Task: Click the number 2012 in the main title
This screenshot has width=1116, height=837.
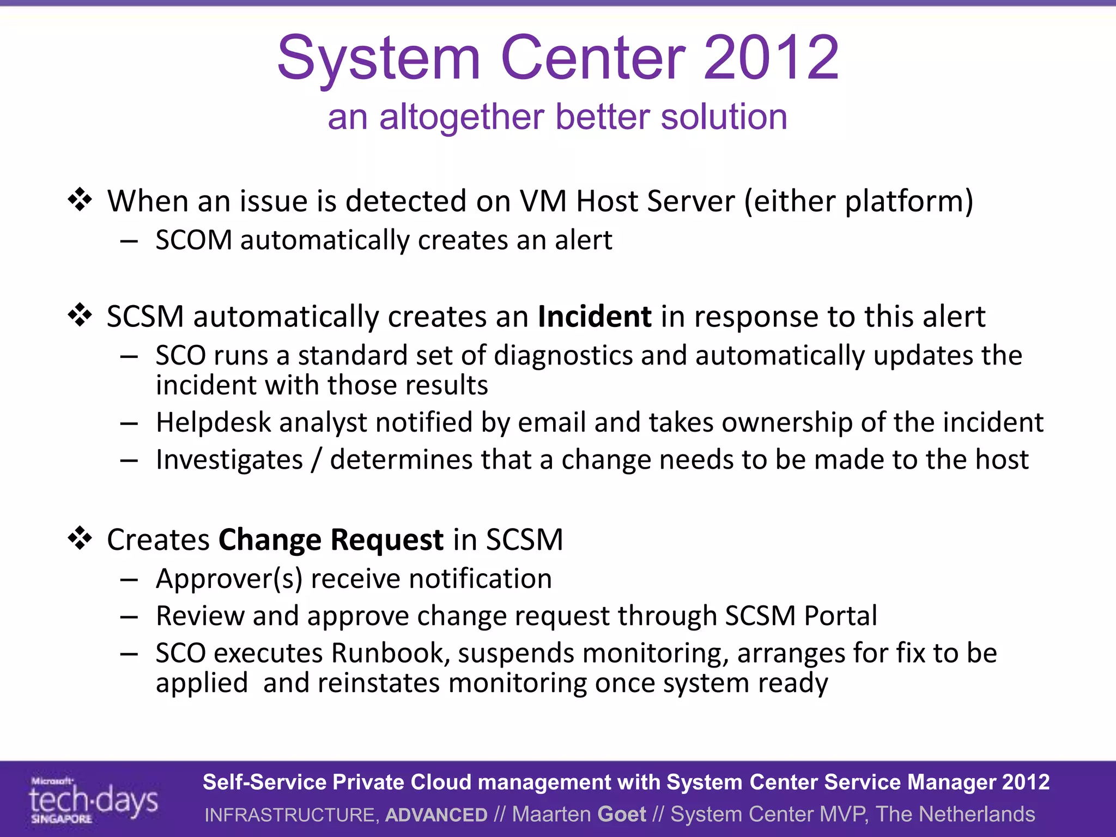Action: click(x=771, y=58)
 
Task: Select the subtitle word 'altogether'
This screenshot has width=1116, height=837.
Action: click(x=462, y=117)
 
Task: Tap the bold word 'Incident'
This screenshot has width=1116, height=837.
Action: click(x=595, y=317)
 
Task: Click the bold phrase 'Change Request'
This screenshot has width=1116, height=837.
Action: click(x=331, y=540)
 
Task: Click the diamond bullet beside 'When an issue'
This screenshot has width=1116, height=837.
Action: click(x=80, y=200)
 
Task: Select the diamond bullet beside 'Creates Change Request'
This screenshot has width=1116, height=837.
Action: click(x=80, y=538)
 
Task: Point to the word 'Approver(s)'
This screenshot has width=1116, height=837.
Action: click(x=229, y=579)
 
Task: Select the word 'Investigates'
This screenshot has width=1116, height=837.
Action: click(x=229, y=460)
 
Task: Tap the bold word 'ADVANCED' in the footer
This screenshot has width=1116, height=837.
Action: click(x=436, y=815)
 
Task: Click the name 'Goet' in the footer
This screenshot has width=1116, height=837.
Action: click(x=621, y=814)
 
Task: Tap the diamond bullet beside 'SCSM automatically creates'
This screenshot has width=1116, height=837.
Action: click(x=80, y=316)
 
